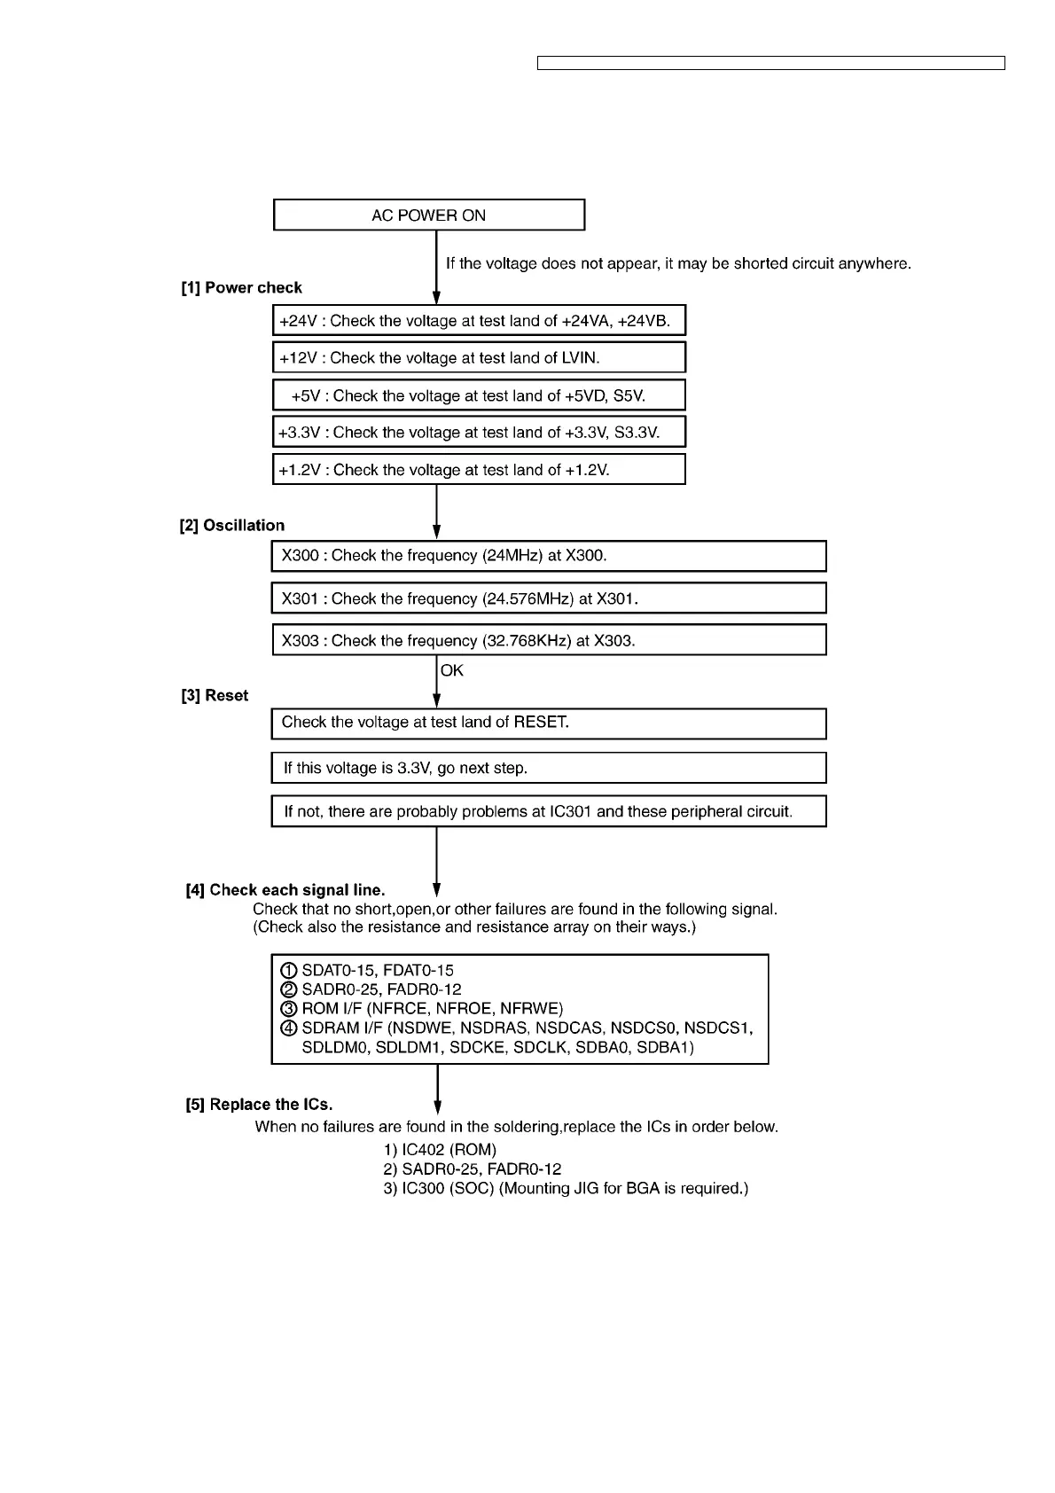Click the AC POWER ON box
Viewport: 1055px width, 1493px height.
tap(429, 215)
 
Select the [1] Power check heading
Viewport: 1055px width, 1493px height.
tap(241, 288)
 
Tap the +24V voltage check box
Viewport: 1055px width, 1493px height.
tap(479, 321)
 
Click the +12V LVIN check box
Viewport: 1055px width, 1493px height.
tap(479, 358)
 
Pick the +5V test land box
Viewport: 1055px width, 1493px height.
tap(479, 395)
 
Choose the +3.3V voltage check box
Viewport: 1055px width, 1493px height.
tap(479, 433)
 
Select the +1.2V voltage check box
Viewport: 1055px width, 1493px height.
tap(479, 470)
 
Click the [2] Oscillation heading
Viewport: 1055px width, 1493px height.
tap(232, 526)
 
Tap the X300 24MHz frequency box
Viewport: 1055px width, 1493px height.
tap(549, 556)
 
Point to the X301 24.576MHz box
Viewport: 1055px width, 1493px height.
tap(549, 598)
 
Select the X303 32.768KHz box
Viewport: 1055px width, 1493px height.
tap(549, 640)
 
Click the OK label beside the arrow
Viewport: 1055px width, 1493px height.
tap(452, 671)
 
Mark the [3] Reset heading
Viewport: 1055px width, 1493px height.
tap(215, 696)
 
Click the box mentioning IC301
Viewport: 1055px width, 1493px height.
tap(549, 811)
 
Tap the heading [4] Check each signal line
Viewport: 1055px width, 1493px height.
tap(285, 890)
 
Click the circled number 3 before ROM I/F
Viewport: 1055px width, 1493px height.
tap(287, 1009)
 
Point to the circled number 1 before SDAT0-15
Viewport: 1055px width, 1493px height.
tap(287, 971)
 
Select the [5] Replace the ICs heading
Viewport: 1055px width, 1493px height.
tap(259, 1105)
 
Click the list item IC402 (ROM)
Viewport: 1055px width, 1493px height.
tap(440, 1150)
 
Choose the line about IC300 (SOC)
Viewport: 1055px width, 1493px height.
tap(566, 1189)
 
